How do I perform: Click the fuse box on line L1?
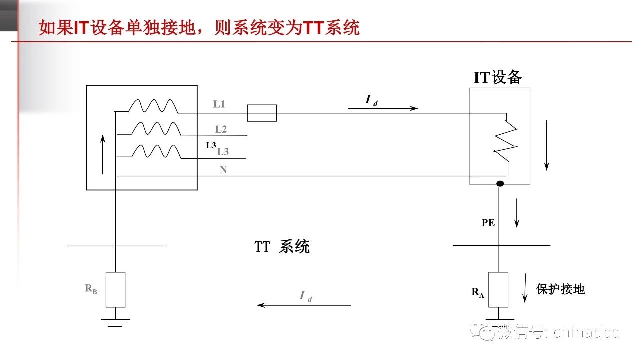(x=262, y=113)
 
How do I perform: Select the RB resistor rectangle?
(x=115, y=289)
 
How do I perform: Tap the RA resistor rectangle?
(x=498, y=289)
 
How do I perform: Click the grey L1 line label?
(x=219, y=104)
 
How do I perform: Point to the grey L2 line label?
(x=221, y=129)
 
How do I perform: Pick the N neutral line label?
(x=223, y=170)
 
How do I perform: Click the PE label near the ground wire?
(x=488, y=223)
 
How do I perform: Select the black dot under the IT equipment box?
(x=499, y=184)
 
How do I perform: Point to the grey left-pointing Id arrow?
(x=304, y=305)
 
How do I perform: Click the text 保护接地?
(x=560, y=289)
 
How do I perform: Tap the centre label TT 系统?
(x=282, y=247)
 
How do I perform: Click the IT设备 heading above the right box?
(x=498, y=77)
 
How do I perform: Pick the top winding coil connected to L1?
(x=153, y=106)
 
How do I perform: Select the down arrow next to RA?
(x=525, y=288)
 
